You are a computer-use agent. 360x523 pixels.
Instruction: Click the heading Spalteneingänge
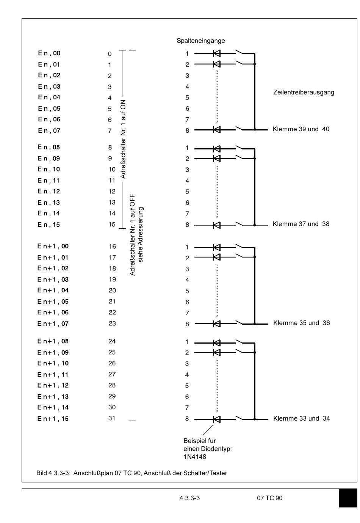(x=200, y=41)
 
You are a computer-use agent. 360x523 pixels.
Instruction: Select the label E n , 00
(x=49, y=53)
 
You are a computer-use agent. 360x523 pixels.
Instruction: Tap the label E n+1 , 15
(x=53, y=419)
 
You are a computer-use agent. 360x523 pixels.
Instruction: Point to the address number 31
(x=112, y=418)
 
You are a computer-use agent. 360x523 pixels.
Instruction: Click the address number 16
(x=112, y=247)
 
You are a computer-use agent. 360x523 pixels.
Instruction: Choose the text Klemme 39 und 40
(x=301, y=129)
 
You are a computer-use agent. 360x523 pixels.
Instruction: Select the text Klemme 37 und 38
(x=301, y=224)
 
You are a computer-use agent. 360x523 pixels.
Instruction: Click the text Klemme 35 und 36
(x=301, y=323)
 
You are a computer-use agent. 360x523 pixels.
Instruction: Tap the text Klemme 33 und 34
(x=301, y=419)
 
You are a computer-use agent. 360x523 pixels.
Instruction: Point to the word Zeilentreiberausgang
(x=304, y=93)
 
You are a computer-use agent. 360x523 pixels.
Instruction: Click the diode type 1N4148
(x=195, y=457)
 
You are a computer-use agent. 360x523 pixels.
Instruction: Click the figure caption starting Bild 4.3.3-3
(x=131, y=473)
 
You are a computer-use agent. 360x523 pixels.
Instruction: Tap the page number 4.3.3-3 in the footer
(x=189, y=498)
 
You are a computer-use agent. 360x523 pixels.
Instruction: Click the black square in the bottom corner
(x=347, y=498)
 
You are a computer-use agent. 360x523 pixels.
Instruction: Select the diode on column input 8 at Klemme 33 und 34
(x=217, y=419)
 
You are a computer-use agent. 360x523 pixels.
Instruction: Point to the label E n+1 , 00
(x=53, y=247)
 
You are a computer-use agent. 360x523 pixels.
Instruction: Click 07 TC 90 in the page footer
(x=269, y=498)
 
